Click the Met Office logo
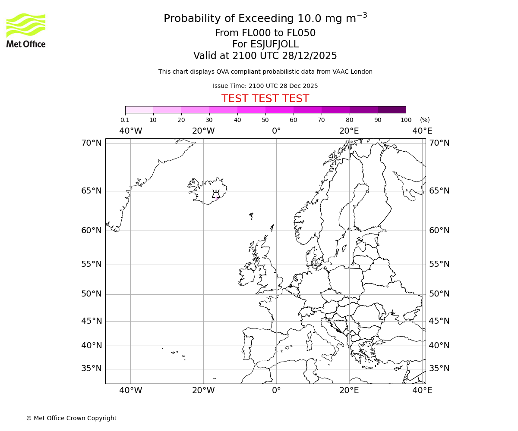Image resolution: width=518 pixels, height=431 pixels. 26,30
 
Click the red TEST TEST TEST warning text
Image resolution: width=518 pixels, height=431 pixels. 265,99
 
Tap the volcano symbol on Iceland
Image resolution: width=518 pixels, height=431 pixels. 216,194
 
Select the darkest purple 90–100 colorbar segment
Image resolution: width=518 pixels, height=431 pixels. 392,109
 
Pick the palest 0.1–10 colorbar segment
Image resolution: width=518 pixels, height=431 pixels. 139,109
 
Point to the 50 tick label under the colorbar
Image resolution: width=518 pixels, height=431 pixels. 265,120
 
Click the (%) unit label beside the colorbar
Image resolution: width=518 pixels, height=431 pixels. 425,120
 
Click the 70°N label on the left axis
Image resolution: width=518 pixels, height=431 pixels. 92,143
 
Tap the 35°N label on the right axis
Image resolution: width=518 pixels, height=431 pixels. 439,369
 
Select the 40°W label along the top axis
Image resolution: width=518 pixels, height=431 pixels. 130,131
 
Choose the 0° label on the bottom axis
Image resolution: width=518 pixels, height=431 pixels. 276,390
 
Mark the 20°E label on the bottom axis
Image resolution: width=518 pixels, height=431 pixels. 349,390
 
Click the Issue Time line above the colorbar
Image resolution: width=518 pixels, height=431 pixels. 265,86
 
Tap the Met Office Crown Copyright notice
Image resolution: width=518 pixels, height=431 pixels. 71,418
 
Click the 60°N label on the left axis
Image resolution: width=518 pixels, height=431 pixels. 92,231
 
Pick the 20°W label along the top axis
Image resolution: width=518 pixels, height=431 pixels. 203,131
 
